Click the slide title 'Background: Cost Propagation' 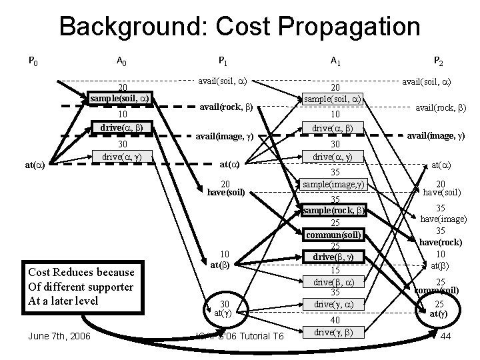(239, 27)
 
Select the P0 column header (33, 62)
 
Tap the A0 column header (122, 62)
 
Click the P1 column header (223, 62)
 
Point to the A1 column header (336, 62)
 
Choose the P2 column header (437, 62)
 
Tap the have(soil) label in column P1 (225, 193)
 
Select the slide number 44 (446, 336)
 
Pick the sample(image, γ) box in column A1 (334, 183)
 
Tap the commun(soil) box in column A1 (333, 235)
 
